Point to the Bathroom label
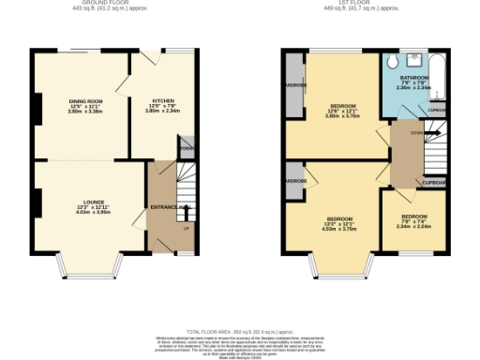tap(414, 77)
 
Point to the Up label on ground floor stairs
tap(186, 228)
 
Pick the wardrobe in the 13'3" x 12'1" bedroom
tap(295, 182)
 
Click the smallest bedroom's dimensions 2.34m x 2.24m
tap(409, 226)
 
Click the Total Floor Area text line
tap(240, 332)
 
